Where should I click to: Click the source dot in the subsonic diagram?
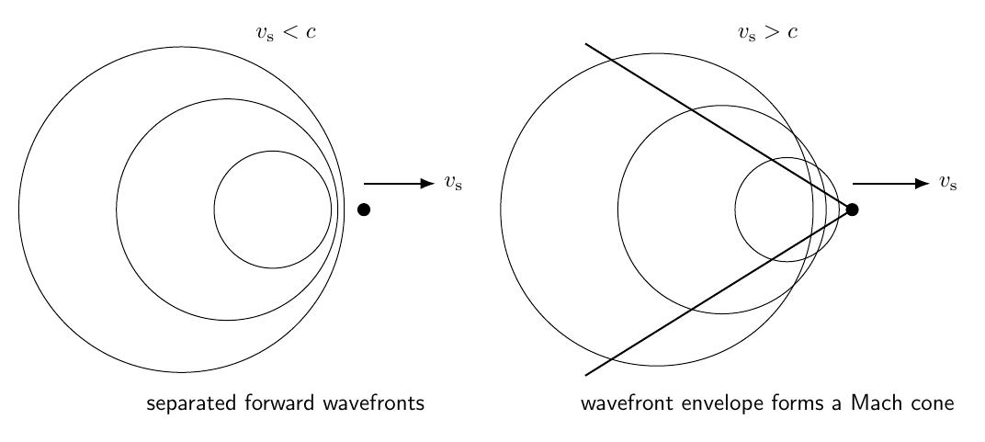(x=364, y=210)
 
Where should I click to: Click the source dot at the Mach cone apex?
(x=852, y=210)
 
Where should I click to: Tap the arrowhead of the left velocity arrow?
(x=427, y=184)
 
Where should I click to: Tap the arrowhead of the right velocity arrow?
(x=923, y=184)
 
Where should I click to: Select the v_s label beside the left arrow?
(x=453, y=183)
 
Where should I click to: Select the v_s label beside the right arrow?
(x=948, y=183)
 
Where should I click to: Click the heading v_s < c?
(x=286, y=32)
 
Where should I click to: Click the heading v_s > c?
(x=767, y=32)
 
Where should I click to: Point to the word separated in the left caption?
(x=192, y=403)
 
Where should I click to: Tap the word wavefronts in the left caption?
(x=374, y=402)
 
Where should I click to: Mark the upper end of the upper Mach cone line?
(x=586, y=44)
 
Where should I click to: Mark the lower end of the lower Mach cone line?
(x=586, y=376)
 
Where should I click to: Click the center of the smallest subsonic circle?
(x=273, y=210)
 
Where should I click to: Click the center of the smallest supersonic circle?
(x=787, y=210)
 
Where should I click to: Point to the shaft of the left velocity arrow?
(x=392, y=184)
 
